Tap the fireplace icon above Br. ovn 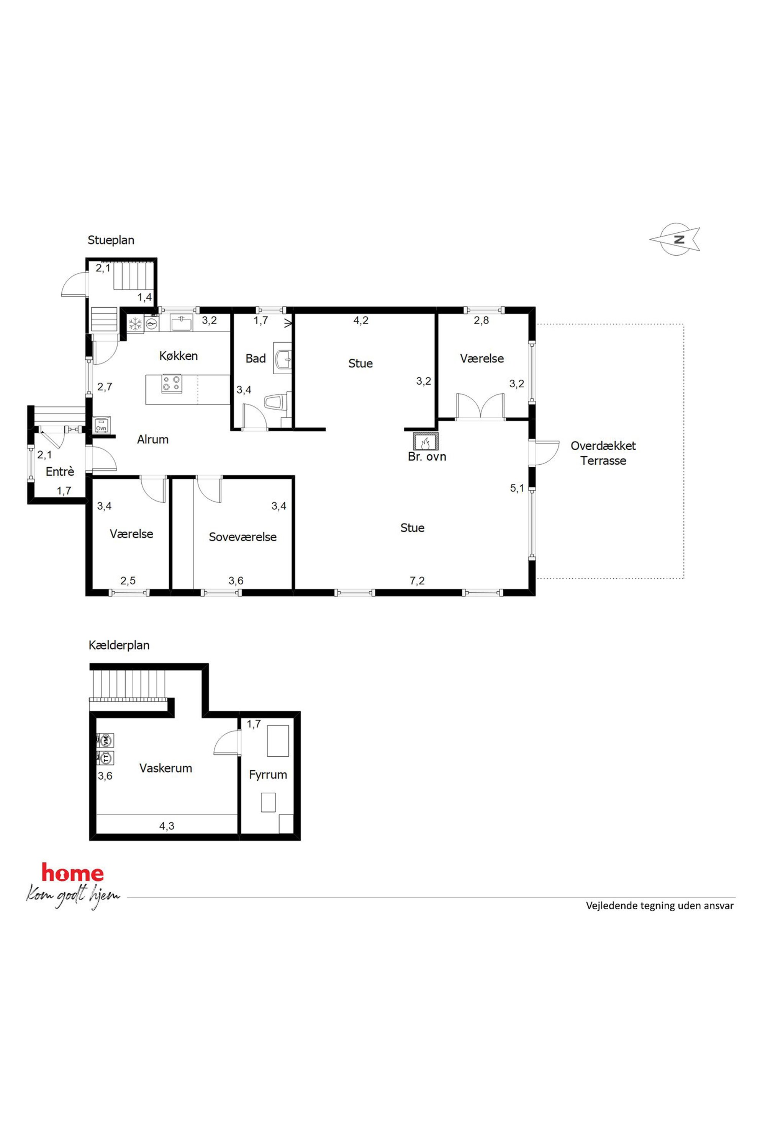point(426,441)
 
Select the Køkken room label point(179,356)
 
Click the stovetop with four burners point(172,384)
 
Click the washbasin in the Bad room point(283,358)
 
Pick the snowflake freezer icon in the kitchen point(135,323)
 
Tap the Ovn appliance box point(101,424)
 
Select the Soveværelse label point(242,537)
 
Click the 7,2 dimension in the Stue point(417,581)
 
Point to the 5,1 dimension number point(517,488)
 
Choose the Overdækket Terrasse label point(603,453)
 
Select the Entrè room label point(60,472)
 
